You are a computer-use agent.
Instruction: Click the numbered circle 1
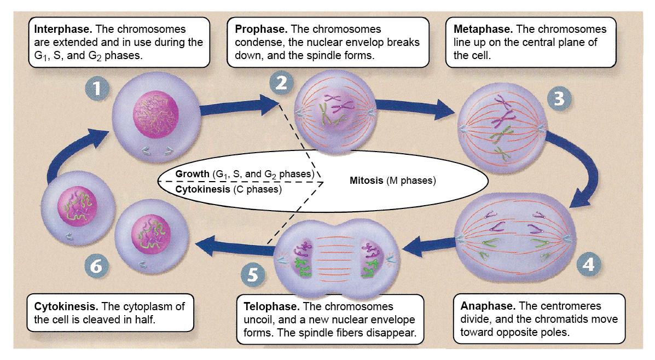coord(97,89)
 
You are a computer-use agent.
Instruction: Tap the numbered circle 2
coord(281,83)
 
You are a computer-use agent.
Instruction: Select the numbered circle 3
coord(559,98)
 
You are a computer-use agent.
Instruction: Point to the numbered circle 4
coord(588,264)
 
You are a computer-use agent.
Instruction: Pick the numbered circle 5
coord(253,275)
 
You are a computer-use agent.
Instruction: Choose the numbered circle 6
coord(96,265)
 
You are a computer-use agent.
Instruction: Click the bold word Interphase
coord(63,29)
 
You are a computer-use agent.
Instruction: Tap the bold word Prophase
coord(261,29)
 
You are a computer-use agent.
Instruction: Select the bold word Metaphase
coord(483,29)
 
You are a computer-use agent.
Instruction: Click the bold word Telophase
coord(271,306)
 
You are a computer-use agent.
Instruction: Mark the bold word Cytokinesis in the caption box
coord(66,306)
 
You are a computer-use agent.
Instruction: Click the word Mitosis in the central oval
coord(366,181)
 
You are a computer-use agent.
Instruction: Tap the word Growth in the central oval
coord(192,174)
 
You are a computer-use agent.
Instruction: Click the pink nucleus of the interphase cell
coord(156,114)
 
